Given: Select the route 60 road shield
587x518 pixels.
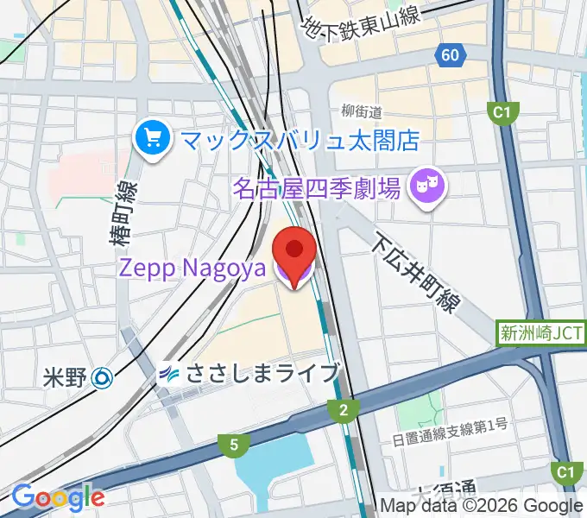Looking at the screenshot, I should click(x=448, y=56).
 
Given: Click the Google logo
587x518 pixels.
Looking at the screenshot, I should click(x=58, y=497).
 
